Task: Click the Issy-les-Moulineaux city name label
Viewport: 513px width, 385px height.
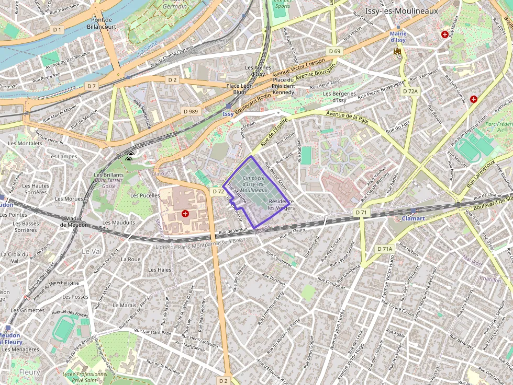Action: point(402,11)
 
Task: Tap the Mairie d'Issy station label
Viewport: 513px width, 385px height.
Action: point(398,37)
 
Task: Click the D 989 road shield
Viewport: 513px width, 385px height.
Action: point(191,111)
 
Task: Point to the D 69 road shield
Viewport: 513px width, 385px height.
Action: point(334,51)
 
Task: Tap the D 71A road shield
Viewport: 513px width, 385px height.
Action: point(385,249)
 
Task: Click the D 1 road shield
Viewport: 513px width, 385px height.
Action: point(58,30)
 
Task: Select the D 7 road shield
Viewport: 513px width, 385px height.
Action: point(92,86)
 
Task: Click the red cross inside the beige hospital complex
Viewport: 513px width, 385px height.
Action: point(185,214)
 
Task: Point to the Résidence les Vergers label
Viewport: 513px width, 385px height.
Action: point(281,204)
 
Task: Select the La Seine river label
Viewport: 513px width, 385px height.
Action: point(147,52)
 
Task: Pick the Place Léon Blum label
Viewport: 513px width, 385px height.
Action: point(239,89)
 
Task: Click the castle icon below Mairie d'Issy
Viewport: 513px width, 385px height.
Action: point(397,51)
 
